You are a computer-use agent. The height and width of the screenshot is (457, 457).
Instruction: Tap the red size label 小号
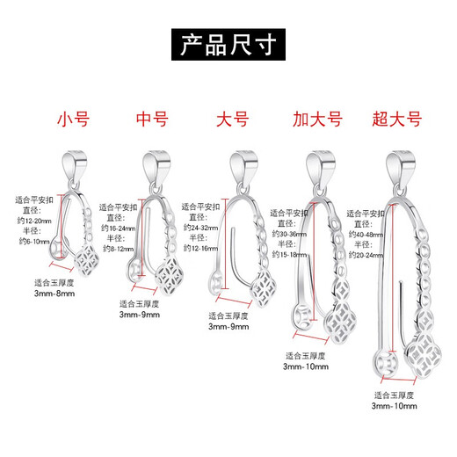click(71, 119)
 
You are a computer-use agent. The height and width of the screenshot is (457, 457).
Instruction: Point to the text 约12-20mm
click(33, 221)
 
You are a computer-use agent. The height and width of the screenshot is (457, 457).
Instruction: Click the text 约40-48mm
click(365, 235)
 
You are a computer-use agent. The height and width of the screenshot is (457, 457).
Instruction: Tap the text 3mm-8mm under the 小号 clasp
click(54, 296)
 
